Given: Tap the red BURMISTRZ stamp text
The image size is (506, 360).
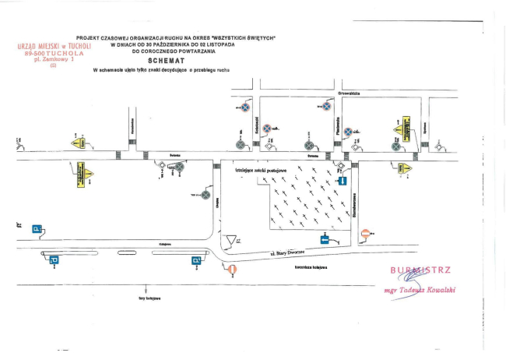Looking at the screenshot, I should point(420,270).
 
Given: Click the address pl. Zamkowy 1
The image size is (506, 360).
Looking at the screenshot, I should point(54,59).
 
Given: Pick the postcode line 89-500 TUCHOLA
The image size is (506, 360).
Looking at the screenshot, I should point(54,53).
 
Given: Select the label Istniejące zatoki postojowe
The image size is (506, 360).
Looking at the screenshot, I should point(257,169).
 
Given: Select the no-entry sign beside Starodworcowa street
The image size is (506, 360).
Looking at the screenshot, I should point(367,234).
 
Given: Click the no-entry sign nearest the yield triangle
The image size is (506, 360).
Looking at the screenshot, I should point(232,270).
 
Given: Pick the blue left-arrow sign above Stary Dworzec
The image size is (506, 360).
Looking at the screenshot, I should point(325,239).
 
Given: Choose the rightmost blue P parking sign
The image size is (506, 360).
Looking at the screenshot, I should point(198,260).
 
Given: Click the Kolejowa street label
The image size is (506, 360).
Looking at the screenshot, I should point(164,245).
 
